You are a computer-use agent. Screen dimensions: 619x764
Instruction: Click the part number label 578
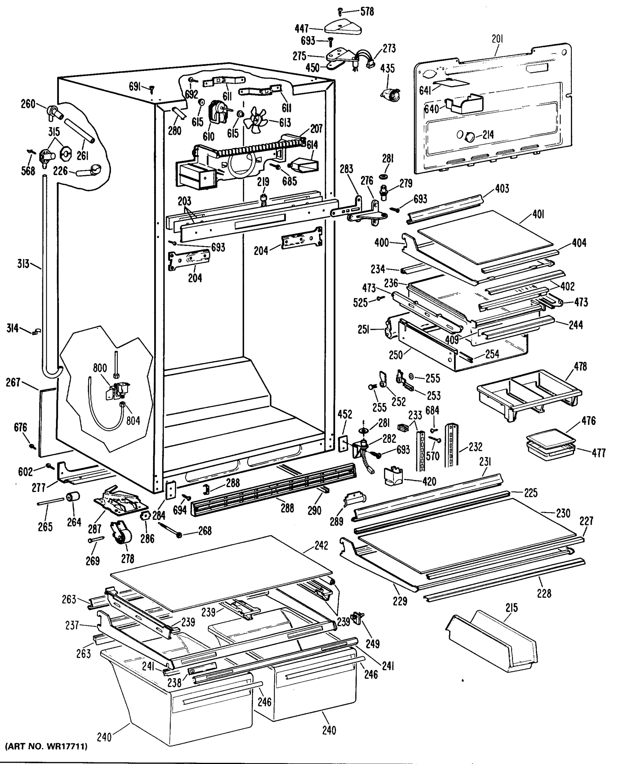pyautogui.click(x=367, y=12)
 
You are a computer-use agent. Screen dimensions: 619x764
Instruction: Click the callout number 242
pyautogui.click(x=321, y=546)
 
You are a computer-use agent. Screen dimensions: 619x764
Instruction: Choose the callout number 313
pyautogui.click(x=23, y=264)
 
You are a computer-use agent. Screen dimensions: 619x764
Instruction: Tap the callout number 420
pyautogui.click(x=429, y=481)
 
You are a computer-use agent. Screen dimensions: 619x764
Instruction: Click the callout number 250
pyautogui.click(x=395, y=355)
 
